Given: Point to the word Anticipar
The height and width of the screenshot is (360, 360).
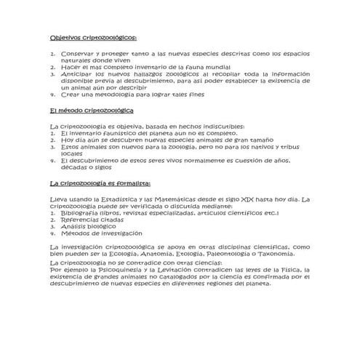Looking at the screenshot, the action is (x=76, y=73).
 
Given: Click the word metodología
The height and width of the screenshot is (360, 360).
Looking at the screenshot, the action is (x=121, y=94).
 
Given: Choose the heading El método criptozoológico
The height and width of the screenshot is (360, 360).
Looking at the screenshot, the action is (x=92, y=110).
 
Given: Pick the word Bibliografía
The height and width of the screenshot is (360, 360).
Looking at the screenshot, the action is (x=81, y=212).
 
